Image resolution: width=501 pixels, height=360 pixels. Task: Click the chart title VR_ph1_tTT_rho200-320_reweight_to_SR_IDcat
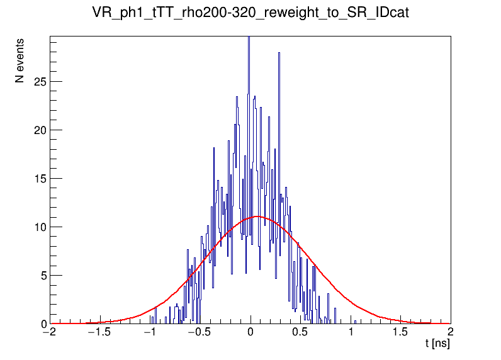[x=250, y=13]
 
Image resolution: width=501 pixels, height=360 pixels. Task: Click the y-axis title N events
[x=21, y=65]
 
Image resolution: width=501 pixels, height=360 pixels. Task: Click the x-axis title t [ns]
[x=437, y=344]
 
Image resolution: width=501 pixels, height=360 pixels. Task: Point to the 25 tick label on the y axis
[x=38, y=82]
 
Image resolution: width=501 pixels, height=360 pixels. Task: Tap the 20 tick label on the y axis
[x=38, y=130]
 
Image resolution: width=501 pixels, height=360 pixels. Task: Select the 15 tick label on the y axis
[x=38, y=179]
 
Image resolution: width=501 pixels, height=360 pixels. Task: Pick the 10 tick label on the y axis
[x=38, y=227]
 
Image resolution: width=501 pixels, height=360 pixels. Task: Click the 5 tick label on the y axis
[x=42, y=276]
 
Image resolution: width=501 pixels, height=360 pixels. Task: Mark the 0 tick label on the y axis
[x=42, y=324]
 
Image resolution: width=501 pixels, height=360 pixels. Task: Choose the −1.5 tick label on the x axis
[x=98, y=332]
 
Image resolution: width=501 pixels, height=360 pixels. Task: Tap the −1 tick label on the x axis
[x=150, y=332]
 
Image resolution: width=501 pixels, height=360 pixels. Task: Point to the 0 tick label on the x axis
[x=250, y=332]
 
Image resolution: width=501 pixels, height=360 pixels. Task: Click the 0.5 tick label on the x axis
[x=300, y=332]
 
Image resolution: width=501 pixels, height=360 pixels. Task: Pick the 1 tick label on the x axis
[x=351, y=332]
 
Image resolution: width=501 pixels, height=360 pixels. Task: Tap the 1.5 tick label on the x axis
[x=400, y=332]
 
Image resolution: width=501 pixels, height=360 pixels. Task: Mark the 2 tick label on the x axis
[x=451, y=332]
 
